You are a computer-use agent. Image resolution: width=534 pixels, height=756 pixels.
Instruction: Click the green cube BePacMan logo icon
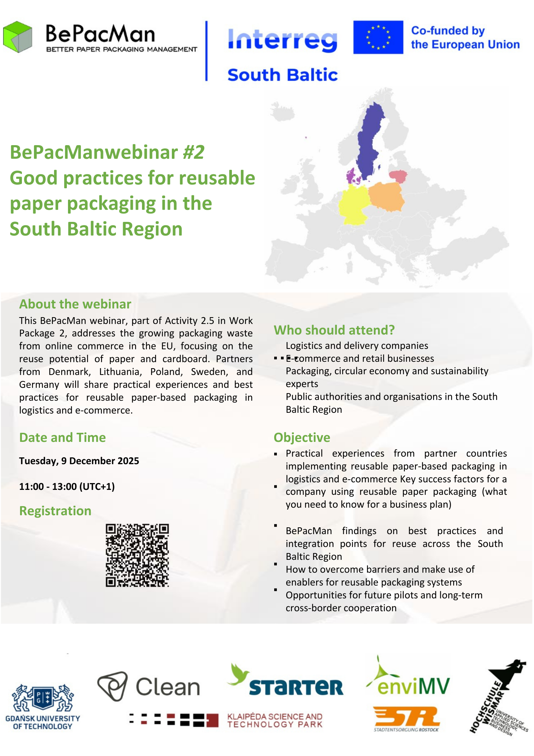(17, 37)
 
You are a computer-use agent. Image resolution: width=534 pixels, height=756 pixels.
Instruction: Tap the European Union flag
(378, 37)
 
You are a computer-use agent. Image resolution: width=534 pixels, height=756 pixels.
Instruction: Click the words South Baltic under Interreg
(282, 75)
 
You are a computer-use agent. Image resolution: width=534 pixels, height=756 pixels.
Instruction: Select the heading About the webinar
(75, 304)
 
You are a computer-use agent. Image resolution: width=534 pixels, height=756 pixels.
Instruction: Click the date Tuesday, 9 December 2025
(79, 461)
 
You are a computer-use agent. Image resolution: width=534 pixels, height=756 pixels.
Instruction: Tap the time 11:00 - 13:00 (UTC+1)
(67, 486)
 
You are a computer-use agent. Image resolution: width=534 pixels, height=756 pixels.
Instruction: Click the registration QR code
(137, 555)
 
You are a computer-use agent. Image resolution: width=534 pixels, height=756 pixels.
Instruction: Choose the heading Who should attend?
(334, 330)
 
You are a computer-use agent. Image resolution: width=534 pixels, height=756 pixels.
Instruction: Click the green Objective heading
(302, 437)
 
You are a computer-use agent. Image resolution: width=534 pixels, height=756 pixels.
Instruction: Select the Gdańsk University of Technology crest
(43, 698)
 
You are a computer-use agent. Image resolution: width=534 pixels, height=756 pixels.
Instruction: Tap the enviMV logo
(408, 679)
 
